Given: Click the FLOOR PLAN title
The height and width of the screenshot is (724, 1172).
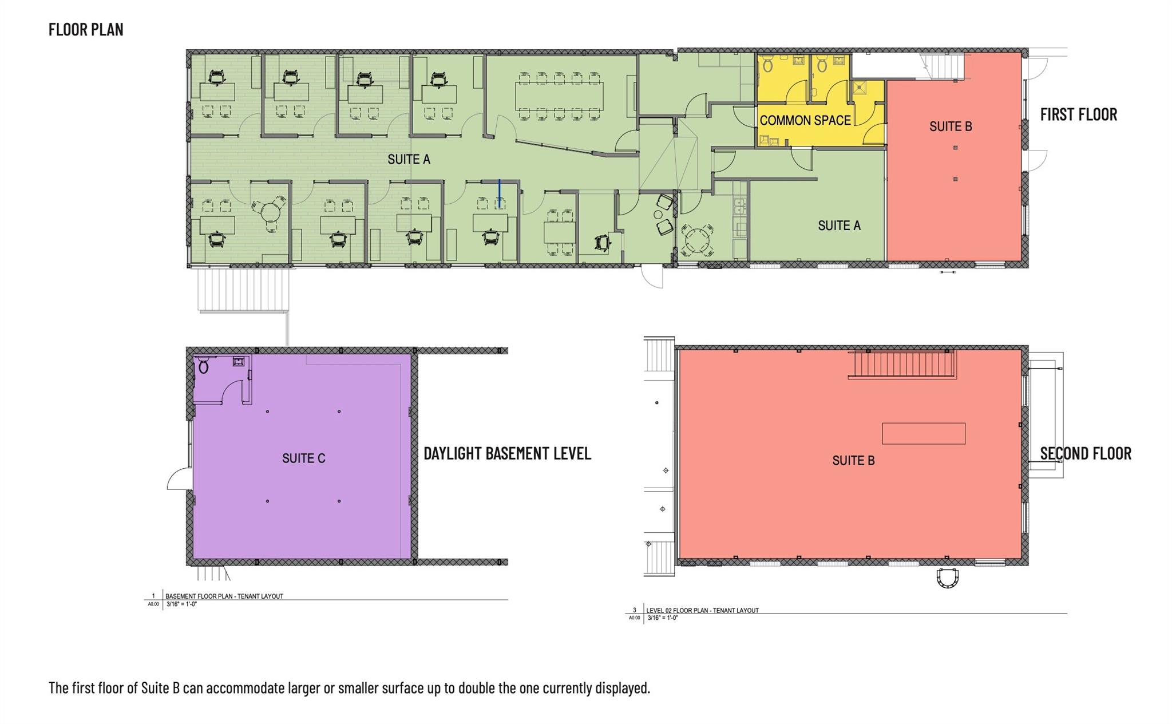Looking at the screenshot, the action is tap(86, 29).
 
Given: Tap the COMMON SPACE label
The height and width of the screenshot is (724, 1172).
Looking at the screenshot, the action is tap(805, 120).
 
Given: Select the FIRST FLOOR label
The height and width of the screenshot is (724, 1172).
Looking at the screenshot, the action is tap(1078, 114).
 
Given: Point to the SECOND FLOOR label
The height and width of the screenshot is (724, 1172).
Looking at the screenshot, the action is tap(1086, 453).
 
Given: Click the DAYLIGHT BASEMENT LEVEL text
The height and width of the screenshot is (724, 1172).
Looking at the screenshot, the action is tap(507, 453).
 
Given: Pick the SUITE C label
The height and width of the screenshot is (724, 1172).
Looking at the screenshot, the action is tap(303, 458).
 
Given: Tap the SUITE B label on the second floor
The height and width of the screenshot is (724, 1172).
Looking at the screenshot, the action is tap(853, 461).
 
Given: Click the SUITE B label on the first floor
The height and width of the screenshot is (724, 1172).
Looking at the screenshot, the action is tap(951, 126).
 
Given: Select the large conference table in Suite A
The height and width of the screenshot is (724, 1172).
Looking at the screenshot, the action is tap(559, 96).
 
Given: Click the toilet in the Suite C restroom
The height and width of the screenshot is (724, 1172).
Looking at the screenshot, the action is tap(203, 365).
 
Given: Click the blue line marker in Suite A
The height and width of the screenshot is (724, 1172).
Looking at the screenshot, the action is tap(500, 193).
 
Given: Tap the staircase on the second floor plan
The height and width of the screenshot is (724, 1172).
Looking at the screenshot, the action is tap(902, 364).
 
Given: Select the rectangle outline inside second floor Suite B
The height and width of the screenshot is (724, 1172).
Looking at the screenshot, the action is tap(924, 433).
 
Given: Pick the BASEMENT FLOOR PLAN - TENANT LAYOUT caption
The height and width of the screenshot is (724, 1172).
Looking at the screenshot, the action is tap(224, 596).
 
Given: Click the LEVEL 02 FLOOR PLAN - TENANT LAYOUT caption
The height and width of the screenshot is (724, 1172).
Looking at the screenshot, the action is tap(703, 610).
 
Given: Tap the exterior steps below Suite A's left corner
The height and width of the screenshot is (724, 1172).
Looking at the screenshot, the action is tap(244, 290).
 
